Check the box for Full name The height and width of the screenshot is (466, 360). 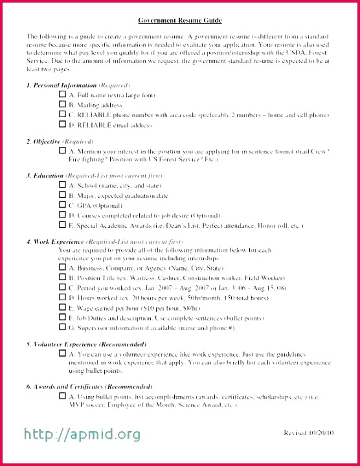click(62, 94)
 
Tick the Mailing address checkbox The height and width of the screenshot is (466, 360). click(62, 105)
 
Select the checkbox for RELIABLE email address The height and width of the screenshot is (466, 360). click(62, 125)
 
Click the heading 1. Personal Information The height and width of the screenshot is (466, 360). click(62, 85)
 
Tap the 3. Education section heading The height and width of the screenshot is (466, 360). click(45, 175)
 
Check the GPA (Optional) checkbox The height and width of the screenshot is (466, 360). click(62, 205)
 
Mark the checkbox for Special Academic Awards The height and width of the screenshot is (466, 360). click(62, 225)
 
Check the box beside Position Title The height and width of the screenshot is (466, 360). click(62, 278)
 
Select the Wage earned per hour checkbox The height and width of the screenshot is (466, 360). click(62, 308)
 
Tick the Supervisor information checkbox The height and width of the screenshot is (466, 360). click(62, 328)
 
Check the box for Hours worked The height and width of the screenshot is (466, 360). click(62, 298)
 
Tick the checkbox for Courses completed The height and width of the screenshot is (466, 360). click(62, 216)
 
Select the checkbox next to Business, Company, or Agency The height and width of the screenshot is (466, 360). click(62, 268)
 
